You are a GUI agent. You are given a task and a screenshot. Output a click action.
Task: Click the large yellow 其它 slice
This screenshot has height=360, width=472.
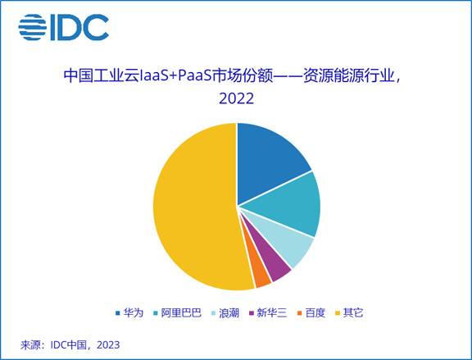point(193,209)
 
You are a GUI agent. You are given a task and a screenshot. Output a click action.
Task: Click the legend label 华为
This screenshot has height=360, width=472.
point(134,314)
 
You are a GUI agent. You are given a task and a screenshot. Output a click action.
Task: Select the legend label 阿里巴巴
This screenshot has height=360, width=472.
point(181,314)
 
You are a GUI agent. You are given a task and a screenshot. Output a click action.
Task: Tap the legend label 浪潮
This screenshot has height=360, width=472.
point(231,314)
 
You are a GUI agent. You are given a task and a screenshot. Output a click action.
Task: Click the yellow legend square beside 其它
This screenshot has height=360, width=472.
point(337,314)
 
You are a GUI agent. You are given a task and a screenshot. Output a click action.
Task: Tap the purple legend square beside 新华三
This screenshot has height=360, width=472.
point(252,314)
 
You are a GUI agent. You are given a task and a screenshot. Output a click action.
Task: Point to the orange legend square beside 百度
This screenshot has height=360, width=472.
point(299,314)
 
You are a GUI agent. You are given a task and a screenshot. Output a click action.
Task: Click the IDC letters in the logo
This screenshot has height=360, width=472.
point(79,28)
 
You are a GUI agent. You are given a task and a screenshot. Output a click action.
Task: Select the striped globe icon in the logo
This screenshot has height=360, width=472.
point(33,28)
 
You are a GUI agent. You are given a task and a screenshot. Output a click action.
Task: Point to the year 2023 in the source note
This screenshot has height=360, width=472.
point(105,344)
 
